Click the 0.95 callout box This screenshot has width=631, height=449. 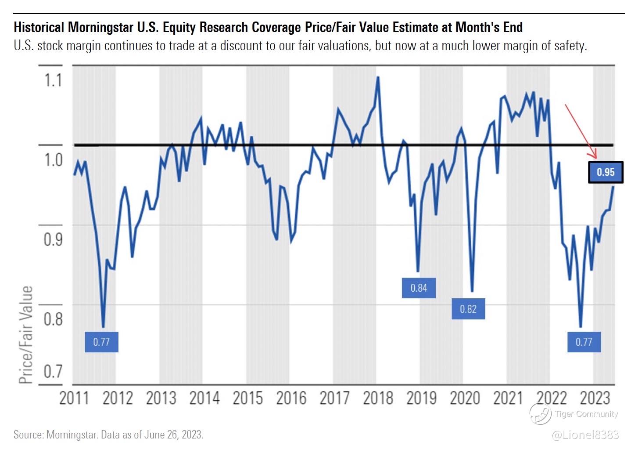tap(606, 172)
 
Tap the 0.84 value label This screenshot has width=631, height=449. tap(419, 288)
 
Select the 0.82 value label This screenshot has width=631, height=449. tap(468, 309)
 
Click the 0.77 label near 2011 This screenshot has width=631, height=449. tap(101, 342)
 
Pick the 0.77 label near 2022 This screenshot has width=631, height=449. tap(584, 342)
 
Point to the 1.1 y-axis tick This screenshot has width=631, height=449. tap(53, 81)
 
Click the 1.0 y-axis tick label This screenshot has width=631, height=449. tap(53, 160)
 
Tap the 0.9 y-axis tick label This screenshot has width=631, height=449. tap(53, 239)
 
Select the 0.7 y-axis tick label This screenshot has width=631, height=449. tap(53, 372)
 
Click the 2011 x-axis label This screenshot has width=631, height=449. tap(74, 398)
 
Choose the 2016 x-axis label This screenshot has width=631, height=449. tap(291, 398)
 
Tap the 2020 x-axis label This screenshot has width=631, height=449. tap(465, 398)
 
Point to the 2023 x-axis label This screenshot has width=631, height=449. tap(595, 398)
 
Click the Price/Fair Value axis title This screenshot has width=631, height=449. tap(26, 335)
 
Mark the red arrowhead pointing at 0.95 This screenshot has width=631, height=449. tap(595, 155)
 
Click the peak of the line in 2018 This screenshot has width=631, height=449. tap(377, 77)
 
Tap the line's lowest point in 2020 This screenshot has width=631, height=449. tap(472, 291)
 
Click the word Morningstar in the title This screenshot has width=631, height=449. tap(100, 27)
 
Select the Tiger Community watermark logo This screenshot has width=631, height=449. tap(540, 413)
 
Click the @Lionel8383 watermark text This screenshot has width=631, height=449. tap(585, 435)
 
